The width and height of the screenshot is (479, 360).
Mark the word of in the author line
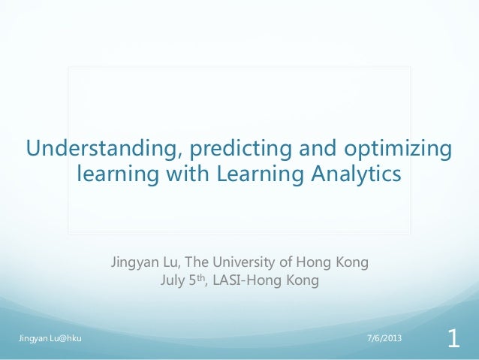click(287, 263)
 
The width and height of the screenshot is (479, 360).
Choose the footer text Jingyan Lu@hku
click(50, 338)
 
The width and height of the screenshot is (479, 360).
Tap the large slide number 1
click(453, 338)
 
